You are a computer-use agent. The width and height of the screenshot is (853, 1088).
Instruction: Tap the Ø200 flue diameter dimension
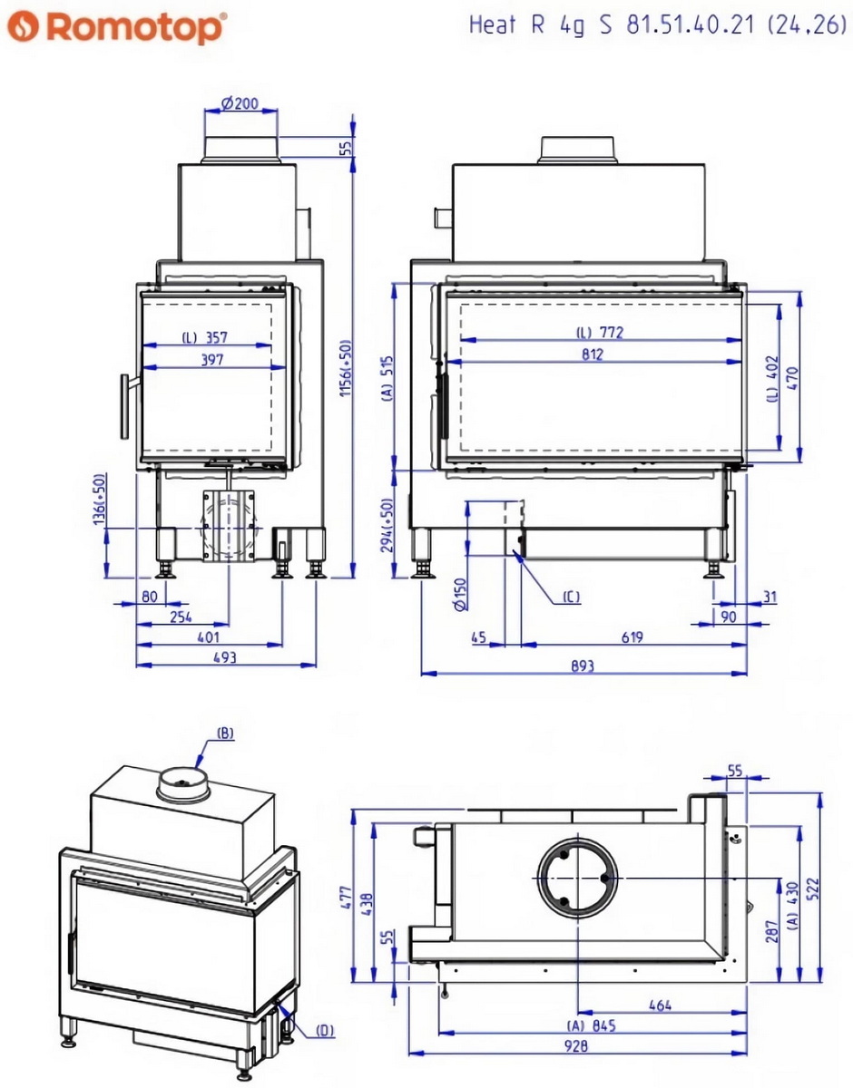click(x=239, y=103)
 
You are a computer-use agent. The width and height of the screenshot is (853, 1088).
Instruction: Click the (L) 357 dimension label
click(x=204, y=337)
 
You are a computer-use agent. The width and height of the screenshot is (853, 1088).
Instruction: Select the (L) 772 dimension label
click(x=599, y=333)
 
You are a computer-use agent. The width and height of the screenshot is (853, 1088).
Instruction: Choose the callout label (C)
click(x=570, y=596)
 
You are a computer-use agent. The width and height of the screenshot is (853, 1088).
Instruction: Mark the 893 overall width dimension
click(x=583, y=665)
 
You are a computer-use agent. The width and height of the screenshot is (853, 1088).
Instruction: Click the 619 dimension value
click(x=632, y=637)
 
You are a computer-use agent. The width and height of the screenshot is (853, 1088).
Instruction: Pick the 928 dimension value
click(x=575, y=1045)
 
